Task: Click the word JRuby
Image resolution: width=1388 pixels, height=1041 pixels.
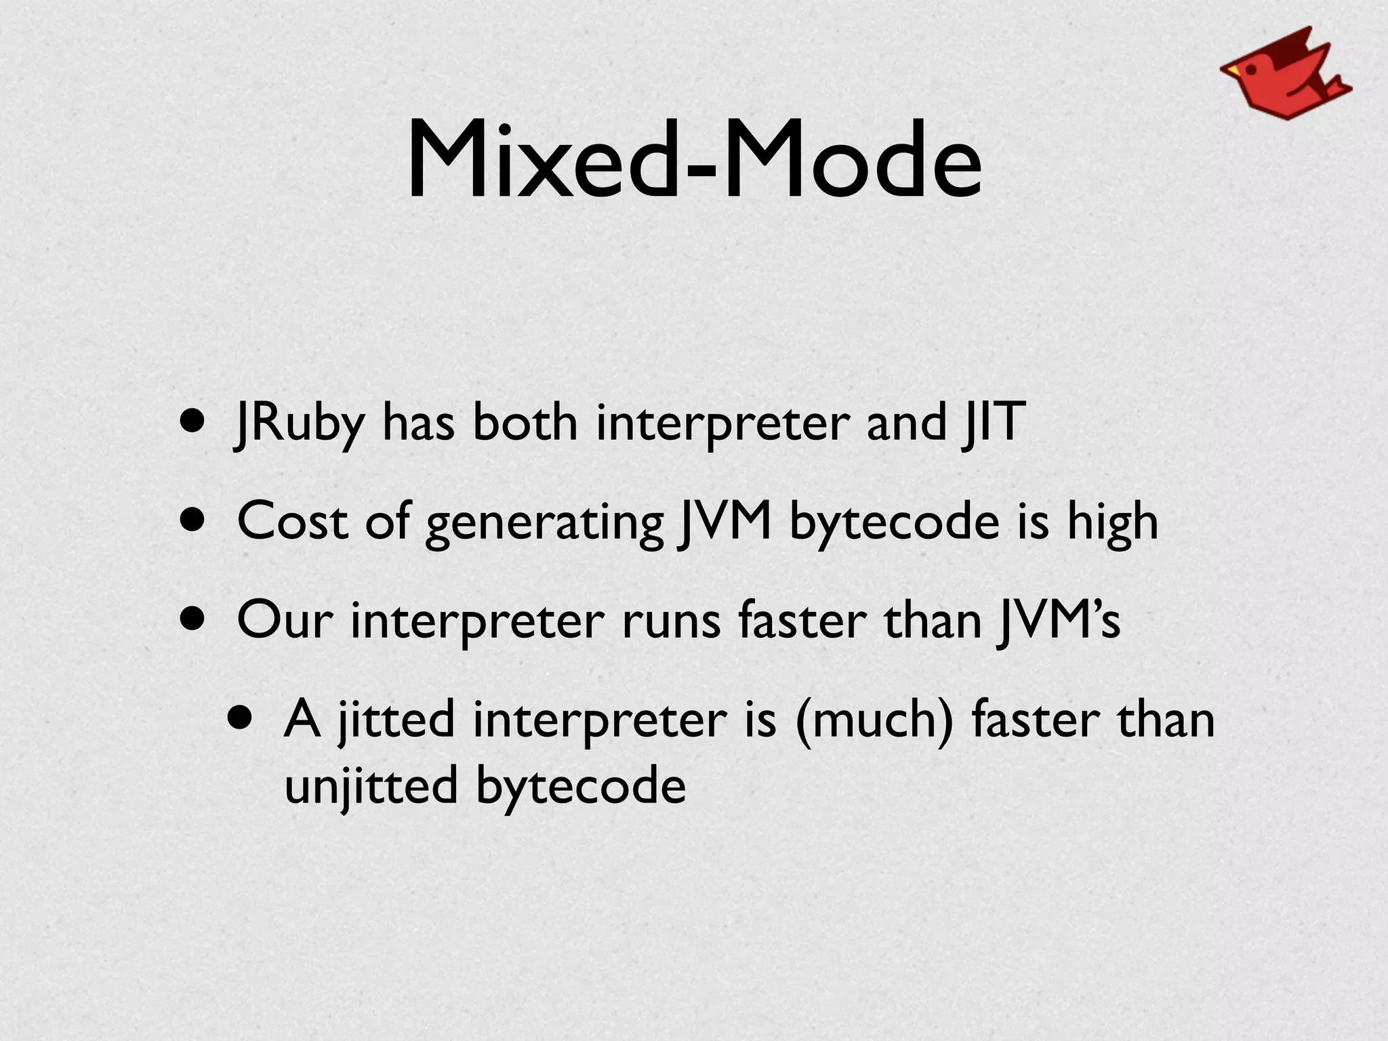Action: [299, 424]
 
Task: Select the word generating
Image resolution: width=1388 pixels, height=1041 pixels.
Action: [544, 523]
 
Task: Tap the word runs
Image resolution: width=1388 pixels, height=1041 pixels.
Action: [671, 621]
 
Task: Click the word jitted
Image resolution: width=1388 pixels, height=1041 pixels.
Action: [396, 720]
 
